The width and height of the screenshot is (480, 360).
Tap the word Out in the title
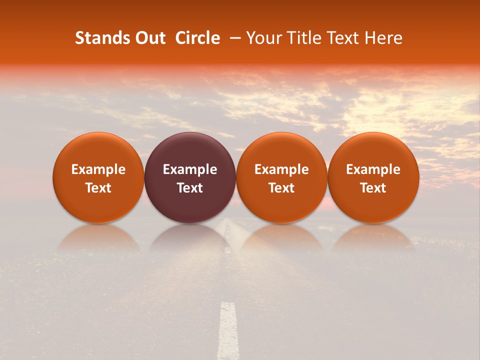[x=149, y=38]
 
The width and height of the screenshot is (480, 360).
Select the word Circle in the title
[x=197, y=38]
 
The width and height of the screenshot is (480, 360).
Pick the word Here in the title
[x=383, y=38]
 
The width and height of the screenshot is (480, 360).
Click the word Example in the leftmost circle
[x=98, y=169]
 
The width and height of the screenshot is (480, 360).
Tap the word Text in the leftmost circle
[x=98, y=188]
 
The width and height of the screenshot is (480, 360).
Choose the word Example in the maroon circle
[x=190, y=169]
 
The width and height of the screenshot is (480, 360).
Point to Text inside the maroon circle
[x=190, y=188]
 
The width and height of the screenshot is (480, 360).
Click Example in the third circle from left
[x=281, y=169]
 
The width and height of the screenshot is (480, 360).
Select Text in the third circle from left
[x=281, y=188]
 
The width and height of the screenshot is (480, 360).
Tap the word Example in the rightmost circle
[x=373, y=169]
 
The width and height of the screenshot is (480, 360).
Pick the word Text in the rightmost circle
[x=373, y=188]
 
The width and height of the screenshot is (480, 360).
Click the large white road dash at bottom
[x=228, y=330]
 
